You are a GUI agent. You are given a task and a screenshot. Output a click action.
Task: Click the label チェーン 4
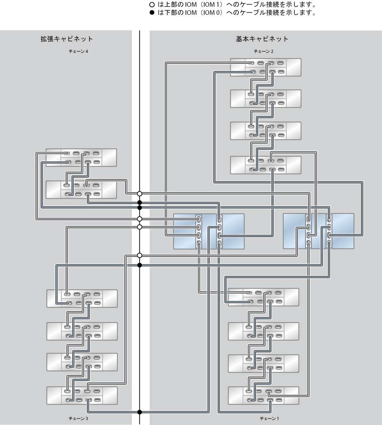pyautogui.click(x=78, y=51)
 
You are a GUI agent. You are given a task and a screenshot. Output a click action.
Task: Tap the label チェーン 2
pyautogui.click(x=263, y=51)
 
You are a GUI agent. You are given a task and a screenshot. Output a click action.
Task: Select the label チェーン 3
pyautogui.click(x=78, y=419)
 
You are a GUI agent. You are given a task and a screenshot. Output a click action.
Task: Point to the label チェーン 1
pyautogui.click(x=269, y=419)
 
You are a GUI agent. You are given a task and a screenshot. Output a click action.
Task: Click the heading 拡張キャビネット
pyautogui.click(x=67, y=39)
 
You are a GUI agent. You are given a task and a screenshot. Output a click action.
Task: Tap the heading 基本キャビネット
pyautogui.click(x=262, y=39)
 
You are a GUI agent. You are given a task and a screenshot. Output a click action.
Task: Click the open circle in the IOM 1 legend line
pyautogui.click(x=152, y=5)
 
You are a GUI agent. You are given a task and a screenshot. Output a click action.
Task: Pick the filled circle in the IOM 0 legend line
pyautogui.click(x=152, y=13)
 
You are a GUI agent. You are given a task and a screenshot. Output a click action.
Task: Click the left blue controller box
pyautogui.click(x=209, y=232)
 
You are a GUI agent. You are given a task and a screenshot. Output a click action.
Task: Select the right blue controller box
pyautogui.click(x=319, y=231)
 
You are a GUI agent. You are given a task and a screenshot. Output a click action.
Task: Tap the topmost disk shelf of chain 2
pyautogui.click(x=266, y=67)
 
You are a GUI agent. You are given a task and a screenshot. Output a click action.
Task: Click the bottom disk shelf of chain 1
pyautogui.click(x=263, y=396)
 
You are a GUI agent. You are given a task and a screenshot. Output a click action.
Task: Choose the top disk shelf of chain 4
pyautogui.click(x=81, y=158)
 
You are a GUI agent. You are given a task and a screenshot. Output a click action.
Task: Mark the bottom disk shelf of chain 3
pyautogui.click(x=82, y=396)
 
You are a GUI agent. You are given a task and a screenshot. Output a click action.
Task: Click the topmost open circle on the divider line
pyautogui.click(x=139, y=194)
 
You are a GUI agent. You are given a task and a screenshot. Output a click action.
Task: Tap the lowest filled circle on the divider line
pyautogui.click(x=139, y=412)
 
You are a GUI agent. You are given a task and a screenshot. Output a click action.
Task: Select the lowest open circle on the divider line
pyautogui.click(x=139, y=255)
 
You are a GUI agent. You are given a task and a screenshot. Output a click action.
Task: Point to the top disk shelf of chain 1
pyautogui.click(x=263, y=297)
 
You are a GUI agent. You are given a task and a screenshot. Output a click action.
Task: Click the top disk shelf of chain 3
pyautogui.click(x=82, y=298)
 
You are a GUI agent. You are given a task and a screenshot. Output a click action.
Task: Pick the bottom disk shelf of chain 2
pyautogui.click(x=266, y=165)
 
